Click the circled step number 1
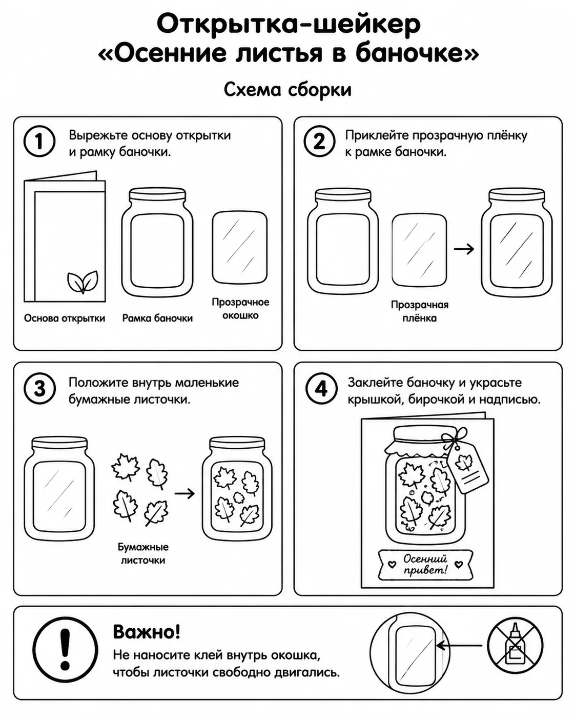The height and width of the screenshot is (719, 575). [39, 142]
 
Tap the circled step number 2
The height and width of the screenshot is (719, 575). [319, 142]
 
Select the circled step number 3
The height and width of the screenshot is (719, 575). [39, 389]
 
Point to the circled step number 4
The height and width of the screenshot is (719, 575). [321, 389]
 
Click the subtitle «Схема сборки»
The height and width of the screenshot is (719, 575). [287, 90]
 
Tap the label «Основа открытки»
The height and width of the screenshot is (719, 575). [65, 318]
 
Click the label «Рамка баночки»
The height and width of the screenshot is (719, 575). [157, 318]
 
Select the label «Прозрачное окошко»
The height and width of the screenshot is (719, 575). [240, 309]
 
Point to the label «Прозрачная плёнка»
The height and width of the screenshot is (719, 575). [419, 311]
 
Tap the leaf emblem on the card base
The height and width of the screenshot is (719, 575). [83, 282]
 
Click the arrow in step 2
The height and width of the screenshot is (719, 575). [464, 249]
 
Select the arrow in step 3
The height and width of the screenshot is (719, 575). [184, 493]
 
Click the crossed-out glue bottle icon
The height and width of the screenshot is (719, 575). [515, 646]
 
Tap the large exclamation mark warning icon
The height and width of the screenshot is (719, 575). [65, 649]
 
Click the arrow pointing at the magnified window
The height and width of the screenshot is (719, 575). [459, 646]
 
